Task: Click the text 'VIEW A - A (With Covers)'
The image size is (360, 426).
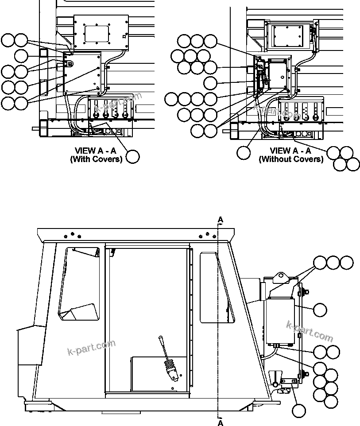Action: [x=96, y=155]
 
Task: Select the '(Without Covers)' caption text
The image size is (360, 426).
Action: [x=291, y=159]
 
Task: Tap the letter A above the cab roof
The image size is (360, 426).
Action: [x=221, y=220]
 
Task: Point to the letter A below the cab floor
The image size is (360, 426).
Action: [x=221, y=423]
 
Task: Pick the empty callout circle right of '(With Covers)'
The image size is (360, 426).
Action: [x=133, y=157]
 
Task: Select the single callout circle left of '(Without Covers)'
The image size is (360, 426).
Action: [x=243, y=153]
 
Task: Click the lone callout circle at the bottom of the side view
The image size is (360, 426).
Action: [x=299, y=411]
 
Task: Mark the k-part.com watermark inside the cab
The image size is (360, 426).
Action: [x=91, y=347]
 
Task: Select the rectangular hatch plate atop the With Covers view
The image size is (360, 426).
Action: [x=101, y=32]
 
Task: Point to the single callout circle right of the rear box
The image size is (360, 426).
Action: [x=320, y=310]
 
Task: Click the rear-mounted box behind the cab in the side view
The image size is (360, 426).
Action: [x=280, y=321]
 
